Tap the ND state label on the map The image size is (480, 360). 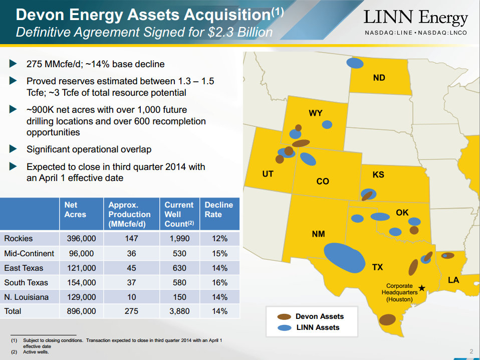(379, 78)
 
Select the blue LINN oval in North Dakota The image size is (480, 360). (355, 64)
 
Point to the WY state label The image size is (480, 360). (316, 113)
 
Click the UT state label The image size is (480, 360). (268, 174)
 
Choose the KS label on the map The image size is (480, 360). (378, 175)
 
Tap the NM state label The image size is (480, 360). (318, 234)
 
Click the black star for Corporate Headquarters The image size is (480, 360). (422, 288)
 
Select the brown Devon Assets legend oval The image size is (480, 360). (284, 317)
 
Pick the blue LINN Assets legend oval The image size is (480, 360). (284, 328)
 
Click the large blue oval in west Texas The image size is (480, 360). (345, 258)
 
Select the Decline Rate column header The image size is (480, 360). (219, 210)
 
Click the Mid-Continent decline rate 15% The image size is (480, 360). (219, 254)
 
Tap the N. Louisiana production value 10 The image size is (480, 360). (131, 297)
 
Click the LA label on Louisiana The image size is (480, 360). (453, 280)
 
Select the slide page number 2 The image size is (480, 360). (471, 351)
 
